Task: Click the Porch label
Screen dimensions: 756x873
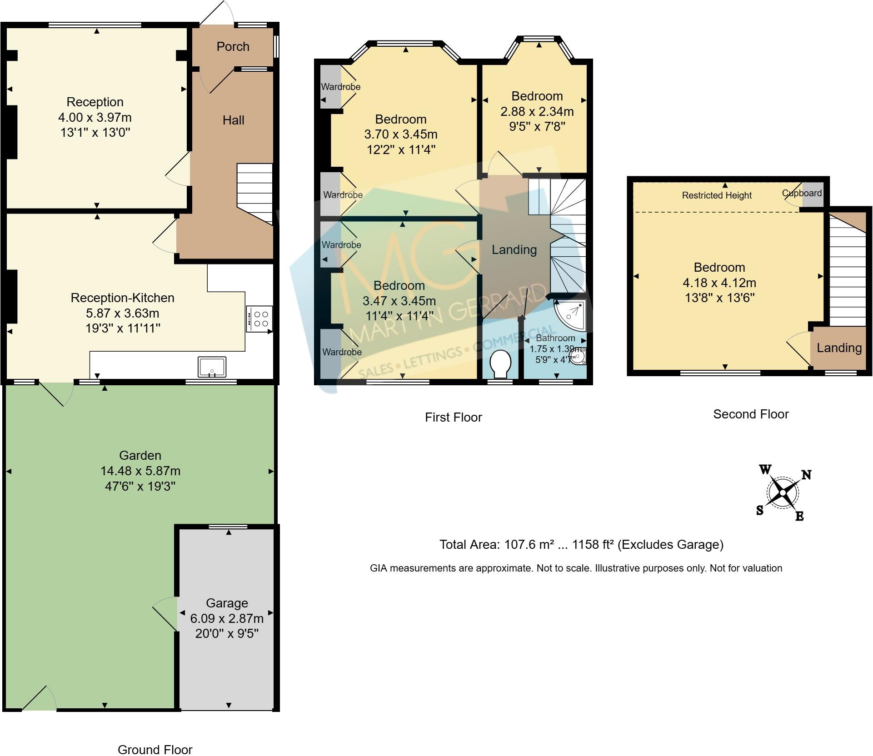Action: click(233, 46)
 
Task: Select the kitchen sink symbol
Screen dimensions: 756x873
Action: click(212, 367)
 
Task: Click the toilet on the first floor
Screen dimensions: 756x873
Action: click(500, 363)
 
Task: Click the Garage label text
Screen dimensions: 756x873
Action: click(227, 603)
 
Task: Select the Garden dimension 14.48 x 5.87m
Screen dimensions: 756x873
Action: click(140, 471)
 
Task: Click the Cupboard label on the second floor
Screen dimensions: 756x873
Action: click(802, 193)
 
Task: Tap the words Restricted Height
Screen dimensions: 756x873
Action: click(717, 195)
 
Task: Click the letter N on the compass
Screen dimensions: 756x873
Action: click(806, 475)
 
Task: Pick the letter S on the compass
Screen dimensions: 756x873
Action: click(759, 511)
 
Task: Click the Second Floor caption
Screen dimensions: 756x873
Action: click(751, 414)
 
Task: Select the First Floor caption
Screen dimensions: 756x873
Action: click(453, 417)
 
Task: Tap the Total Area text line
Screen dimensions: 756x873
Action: click(581, 544)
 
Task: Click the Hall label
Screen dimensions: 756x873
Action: click(233, 120)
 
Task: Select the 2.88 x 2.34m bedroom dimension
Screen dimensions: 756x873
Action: click(537, 111)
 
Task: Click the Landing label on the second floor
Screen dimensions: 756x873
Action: click(839, 348)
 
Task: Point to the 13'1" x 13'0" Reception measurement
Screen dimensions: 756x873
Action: click(95, 133)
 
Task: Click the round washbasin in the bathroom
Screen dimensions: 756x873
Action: click(579, 357)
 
